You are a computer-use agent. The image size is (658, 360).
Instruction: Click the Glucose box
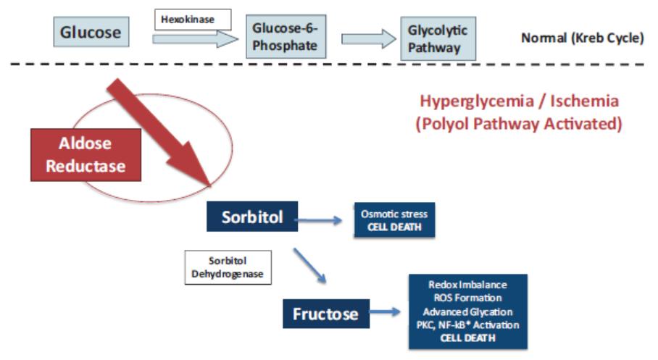[91, 33]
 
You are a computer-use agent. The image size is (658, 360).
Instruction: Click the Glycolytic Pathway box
[438, 38]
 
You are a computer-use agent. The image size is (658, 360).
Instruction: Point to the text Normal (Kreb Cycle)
[582, 38]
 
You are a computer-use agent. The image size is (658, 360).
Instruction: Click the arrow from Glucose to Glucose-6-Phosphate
[195, 38]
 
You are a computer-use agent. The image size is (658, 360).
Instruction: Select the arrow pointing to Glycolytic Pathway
[368, 38]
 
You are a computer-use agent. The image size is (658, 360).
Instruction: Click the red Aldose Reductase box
[86, 154]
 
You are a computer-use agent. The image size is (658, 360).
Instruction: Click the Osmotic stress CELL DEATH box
[393, 219]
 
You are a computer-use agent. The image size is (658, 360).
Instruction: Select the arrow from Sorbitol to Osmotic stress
[320, 217]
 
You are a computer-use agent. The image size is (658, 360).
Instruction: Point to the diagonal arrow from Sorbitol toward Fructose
[309, 264]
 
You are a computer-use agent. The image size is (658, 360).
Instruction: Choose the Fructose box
[325, 314]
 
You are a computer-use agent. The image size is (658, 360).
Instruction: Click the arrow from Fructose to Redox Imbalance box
[384, 313]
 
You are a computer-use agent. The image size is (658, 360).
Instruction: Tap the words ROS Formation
[467, 298]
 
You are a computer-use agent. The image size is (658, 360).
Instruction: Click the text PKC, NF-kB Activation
[467, 325]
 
